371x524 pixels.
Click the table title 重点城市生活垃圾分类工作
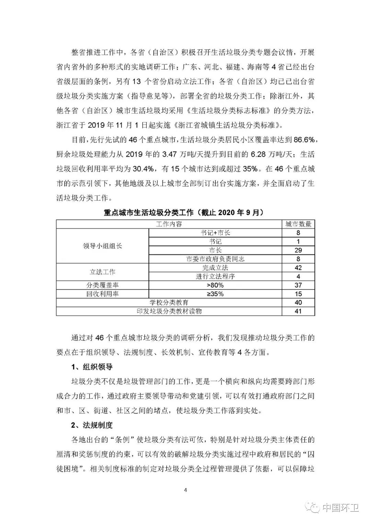click(185, 212)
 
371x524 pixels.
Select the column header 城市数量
click(298, 224)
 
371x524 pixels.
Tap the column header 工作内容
click(169, 224)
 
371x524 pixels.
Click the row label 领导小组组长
click(102, 246)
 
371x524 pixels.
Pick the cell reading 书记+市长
click(215, 233)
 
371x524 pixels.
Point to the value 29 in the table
click(298, 250)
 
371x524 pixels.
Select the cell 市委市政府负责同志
click(215, 259)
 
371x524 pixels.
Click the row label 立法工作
click(102, 272)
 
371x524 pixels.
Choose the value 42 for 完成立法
click(298, 268)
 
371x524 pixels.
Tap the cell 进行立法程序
click(215, 276)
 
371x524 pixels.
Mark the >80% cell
click(215, 285)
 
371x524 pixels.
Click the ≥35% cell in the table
click(215, 294)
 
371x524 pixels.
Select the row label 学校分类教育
click(169, 302)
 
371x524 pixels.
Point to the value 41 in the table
click(298, 311)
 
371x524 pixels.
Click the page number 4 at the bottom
click(185, 490)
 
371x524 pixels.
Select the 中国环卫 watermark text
click(340, 507)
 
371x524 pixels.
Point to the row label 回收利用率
click(102, 294)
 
